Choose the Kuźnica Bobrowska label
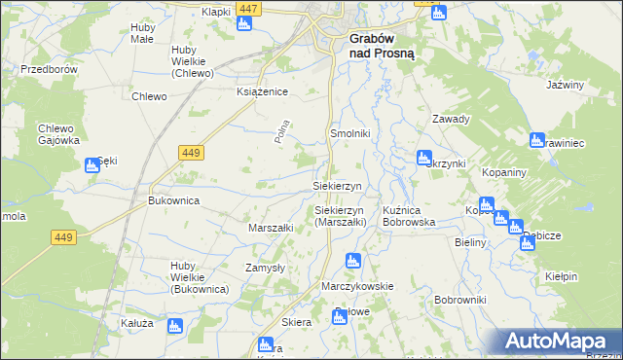[415, 216]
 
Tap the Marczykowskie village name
[357, 286]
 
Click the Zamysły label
[264, 267]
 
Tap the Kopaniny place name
[504, 171]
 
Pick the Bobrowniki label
[460, 300]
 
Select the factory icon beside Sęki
[92, 165]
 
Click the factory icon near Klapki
[243, 22]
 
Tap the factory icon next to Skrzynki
[424, 158]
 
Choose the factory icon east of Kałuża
[175, 326]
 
